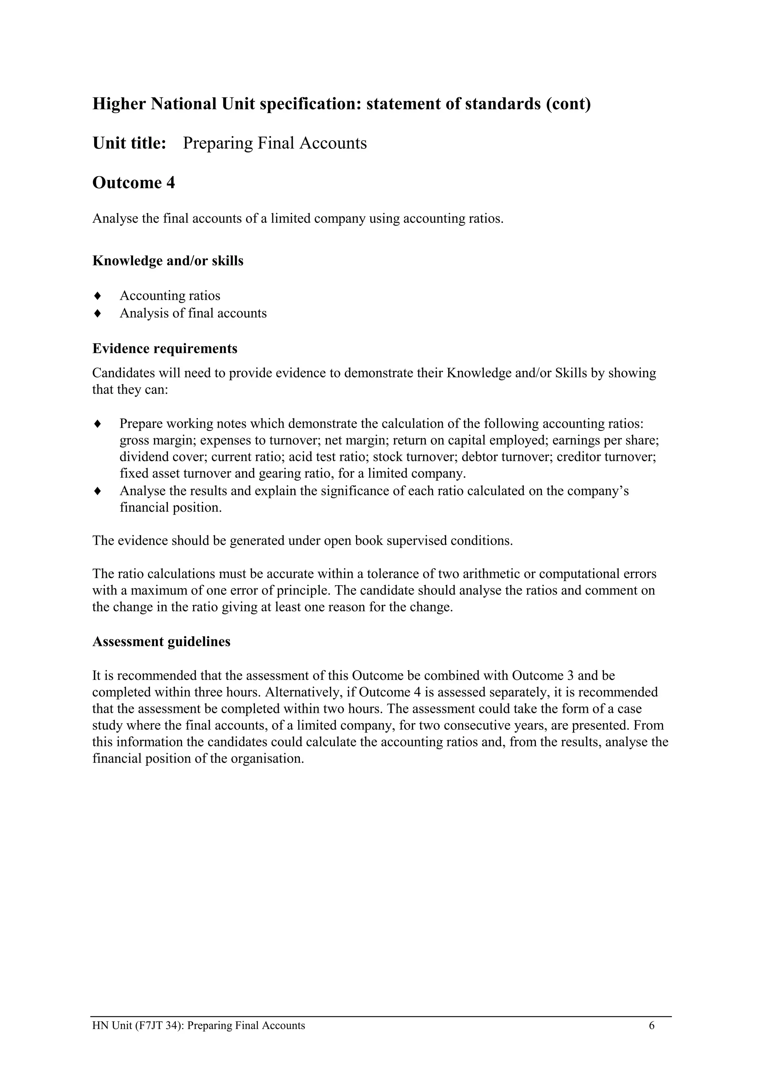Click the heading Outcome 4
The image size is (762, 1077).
coord(133,183)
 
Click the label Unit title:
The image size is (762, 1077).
coord(129,143)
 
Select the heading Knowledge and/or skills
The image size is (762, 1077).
coord(167,261)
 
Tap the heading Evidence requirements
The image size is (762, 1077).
coord(165,348)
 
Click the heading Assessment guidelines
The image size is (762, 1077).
coord(161,641)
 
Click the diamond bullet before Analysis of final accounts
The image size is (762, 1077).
coord(97,313)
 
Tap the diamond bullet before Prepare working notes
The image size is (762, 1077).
coord(97,424)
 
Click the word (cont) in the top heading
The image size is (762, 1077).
coord(568,104)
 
